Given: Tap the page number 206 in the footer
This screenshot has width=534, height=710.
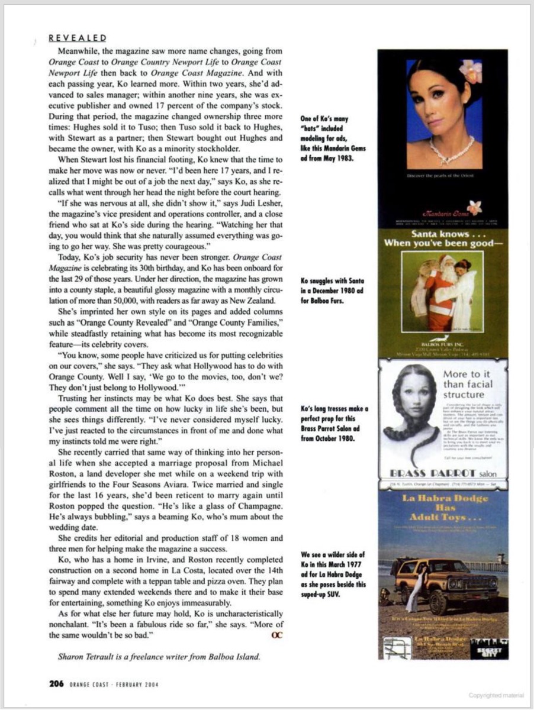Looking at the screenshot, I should [56, 683].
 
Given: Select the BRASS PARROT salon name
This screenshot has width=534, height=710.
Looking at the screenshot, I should [442, 473].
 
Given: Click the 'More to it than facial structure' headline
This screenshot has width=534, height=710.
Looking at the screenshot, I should [471, 385].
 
